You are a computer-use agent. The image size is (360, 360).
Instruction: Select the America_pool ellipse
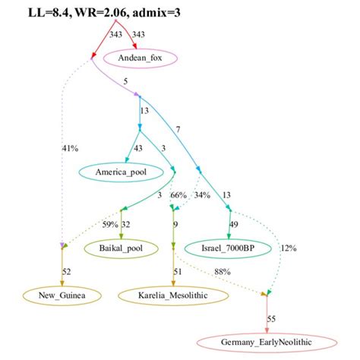click(122, 172)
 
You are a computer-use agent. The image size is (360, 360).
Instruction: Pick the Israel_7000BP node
click(226, 248)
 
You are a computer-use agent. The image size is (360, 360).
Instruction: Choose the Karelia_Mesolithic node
click(174, 293)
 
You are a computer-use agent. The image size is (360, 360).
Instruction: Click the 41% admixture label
click(70, 148)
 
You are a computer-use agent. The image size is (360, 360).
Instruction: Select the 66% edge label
click(178, 196)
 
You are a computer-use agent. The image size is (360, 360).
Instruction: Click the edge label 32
click(125, 224)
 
